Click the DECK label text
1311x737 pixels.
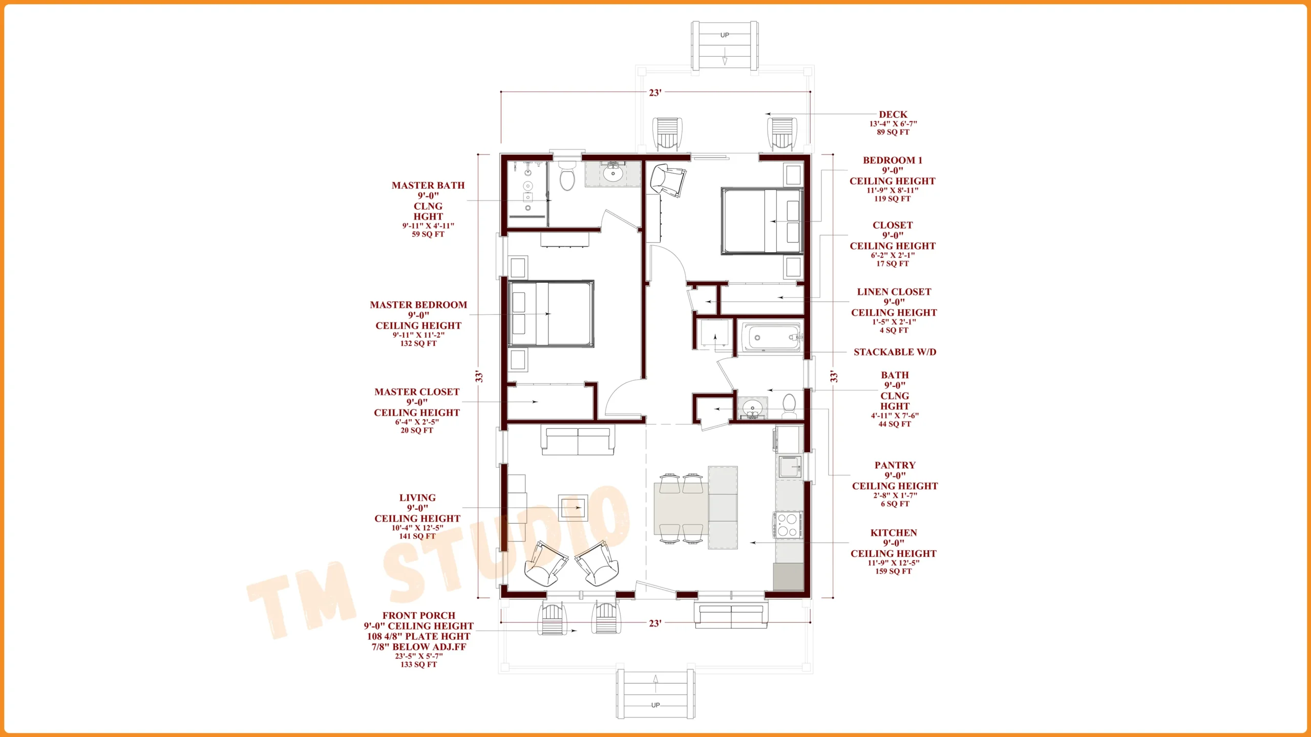(x=893, y=114)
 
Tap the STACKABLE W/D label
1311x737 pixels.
(x=895, y=352)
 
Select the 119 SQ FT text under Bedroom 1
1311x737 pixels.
(x=892, y=199)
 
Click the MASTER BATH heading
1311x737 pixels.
(x=428, y=185)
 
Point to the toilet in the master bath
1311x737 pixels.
(x=567, y=176)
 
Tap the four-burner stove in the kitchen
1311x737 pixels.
(x=787, y=525)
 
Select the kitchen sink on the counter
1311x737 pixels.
(x=789, y=467)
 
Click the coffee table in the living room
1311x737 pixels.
(x=573, y=508)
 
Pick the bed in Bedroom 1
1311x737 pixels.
(x=762, y=221)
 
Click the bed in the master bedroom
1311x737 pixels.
(x=551, y=314)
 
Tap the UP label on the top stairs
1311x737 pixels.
(x=725, y=35)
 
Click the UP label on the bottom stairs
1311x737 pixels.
(x=655, y=705)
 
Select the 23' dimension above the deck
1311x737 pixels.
(x=655, y=93)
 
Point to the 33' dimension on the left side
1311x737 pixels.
(x=479, y=377)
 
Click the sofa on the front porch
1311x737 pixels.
(x=731, y=615)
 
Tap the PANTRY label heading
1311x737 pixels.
(x=895, y=465)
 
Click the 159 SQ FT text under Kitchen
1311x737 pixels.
(x=893, y=571)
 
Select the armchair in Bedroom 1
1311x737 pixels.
(x=668, y=180)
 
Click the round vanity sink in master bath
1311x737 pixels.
(x=612, y=174)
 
